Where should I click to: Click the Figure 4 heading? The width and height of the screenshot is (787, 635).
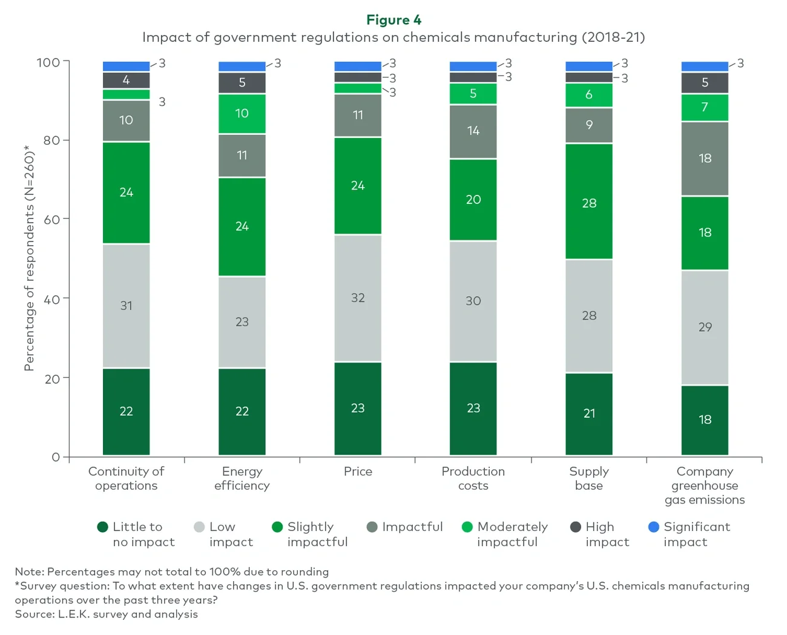(x=393, y=20)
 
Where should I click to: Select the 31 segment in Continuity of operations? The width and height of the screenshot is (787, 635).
(x=126, y=306)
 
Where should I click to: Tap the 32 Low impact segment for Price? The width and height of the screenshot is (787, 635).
(x=358, y=298)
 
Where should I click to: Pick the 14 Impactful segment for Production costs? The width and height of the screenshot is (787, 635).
(x=473, y=131)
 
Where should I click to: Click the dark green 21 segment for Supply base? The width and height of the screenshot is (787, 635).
(x=589, y=413)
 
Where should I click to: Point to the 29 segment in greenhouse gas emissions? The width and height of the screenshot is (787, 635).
(x=705, y=327)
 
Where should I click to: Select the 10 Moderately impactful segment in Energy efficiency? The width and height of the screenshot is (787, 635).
(x=242, y=114)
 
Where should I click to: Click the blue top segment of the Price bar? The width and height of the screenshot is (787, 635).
(x=358, y=66)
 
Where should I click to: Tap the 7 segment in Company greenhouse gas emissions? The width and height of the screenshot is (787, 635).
(x=705, y=108)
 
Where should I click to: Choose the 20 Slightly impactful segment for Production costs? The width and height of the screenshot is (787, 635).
(x=473, y=200)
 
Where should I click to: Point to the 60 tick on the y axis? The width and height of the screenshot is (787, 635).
(x=52, y=219)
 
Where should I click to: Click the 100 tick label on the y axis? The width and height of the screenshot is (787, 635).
(x=48, y=62)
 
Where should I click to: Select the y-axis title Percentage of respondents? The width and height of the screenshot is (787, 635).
(x=28, y=258)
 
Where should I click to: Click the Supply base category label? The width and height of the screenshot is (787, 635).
(x=589, y=478)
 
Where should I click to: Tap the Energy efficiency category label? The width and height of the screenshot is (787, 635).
(x=242, y=478)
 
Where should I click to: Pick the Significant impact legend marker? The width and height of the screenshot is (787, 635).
(x=654, y=527)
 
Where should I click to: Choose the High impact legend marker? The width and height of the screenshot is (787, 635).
(x=576, y=527)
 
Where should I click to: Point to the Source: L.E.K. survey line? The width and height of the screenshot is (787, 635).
(x=107, y=614)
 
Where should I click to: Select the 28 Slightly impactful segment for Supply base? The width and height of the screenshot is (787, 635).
(x=589, y=203)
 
